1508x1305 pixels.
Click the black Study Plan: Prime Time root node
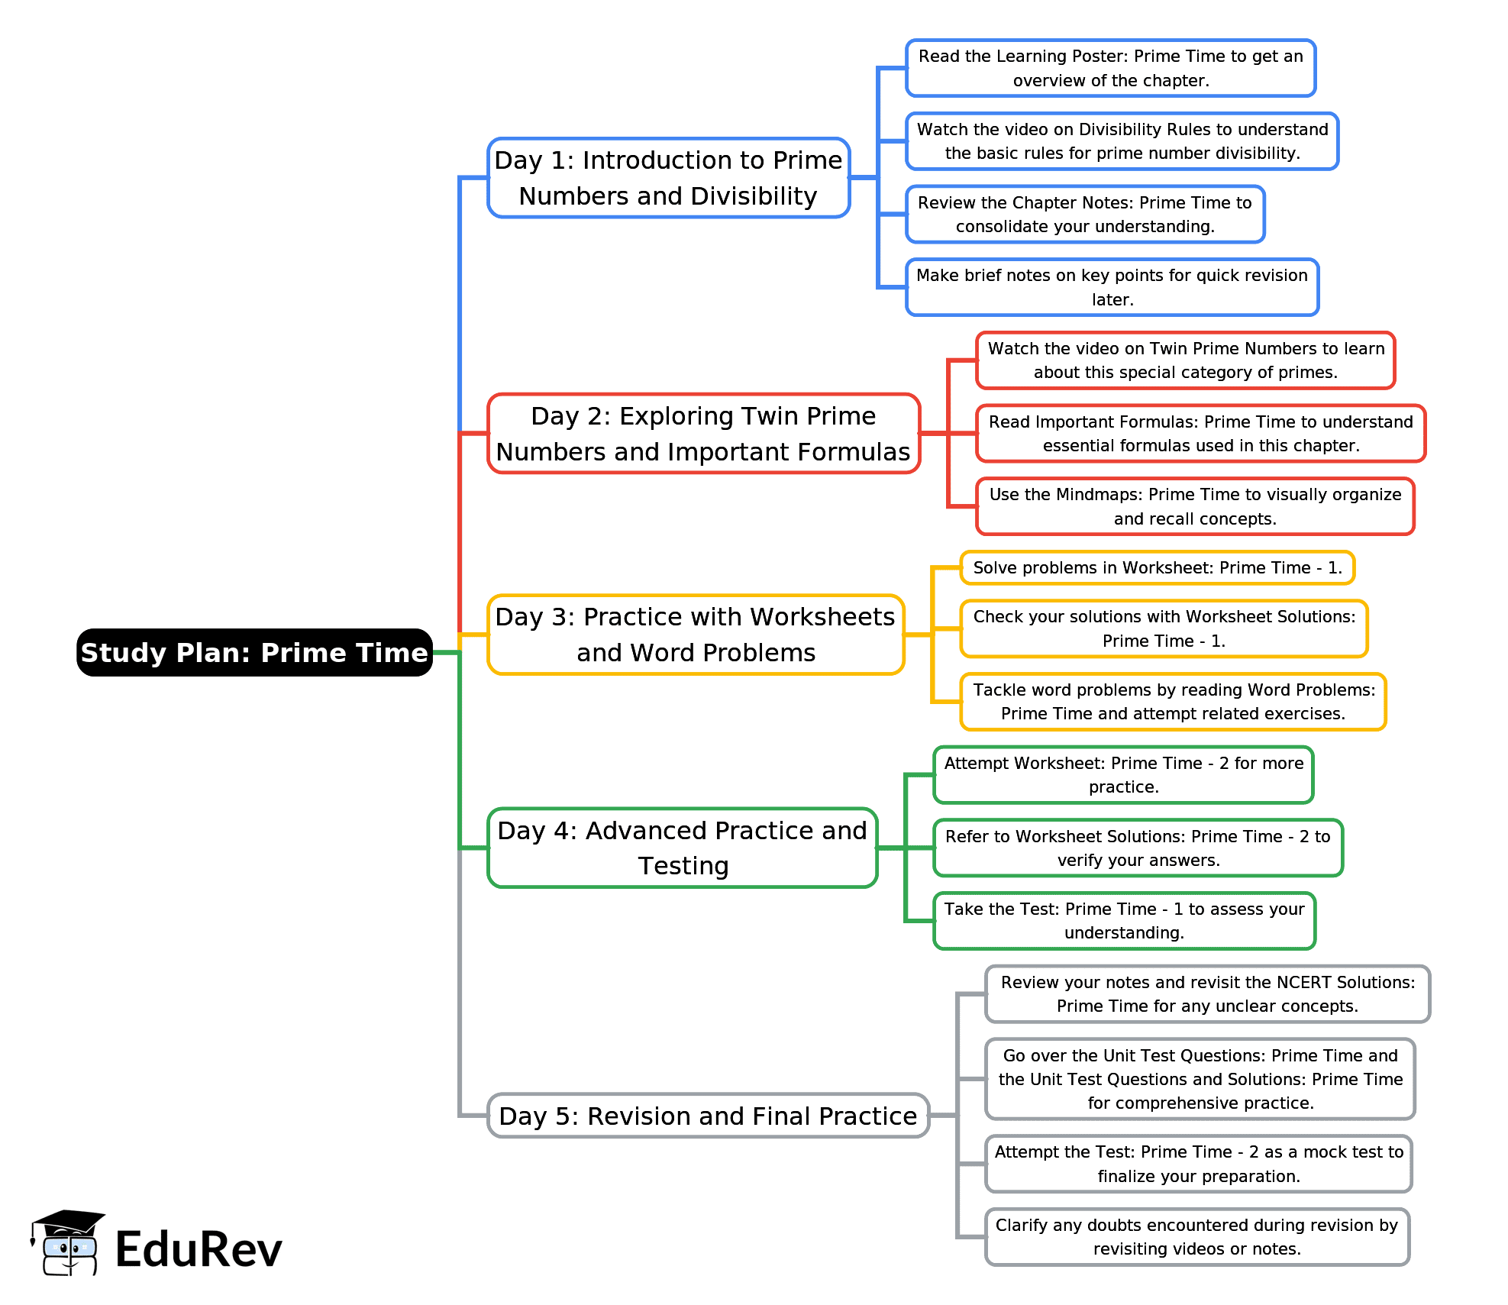pos(254,652)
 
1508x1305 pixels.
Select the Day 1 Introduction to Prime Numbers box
pos(668,178)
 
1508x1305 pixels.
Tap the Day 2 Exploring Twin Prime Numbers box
pos(703,434)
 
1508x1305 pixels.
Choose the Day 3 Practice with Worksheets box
pos(696,635)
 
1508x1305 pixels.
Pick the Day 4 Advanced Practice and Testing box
pos(683,848)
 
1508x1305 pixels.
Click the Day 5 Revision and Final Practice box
pos(708,1116)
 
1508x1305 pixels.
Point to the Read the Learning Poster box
pos(1110,68)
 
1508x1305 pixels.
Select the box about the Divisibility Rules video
pos(1122,141)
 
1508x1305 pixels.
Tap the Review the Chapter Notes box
pos(1084,215)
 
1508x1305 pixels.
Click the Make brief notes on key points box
pos(1112,287)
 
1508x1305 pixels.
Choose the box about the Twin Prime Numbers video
pos(1185,360)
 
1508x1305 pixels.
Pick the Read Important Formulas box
pos(1200,434)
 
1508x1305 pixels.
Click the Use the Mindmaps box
pos(1195,506)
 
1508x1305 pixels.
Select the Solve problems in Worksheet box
pos(1157,567)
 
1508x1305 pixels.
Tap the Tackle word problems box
pos(1173,702)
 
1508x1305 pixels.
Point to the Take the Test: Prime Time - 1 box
pos(1124,921)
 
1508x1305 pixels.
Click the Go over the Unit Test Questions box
pos(1200,1079)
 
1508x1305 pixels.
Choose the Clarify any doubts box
pos(1196,1237)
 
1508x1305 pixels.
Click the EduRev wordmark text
pos(199,1250)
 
